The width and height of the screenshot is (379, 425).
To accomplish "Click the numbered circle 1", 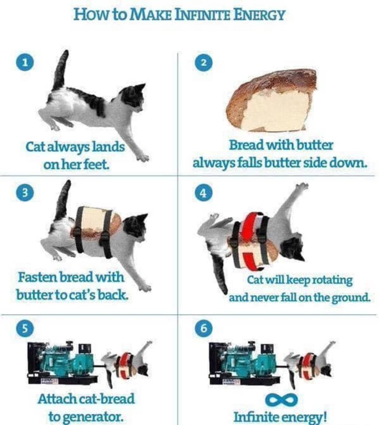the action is (25, 62).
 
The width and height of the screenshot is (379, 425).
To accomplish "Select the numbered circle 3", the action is (25, 193).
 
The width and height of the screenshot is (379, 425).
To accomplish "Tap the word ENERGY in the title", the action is (259, 15).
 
